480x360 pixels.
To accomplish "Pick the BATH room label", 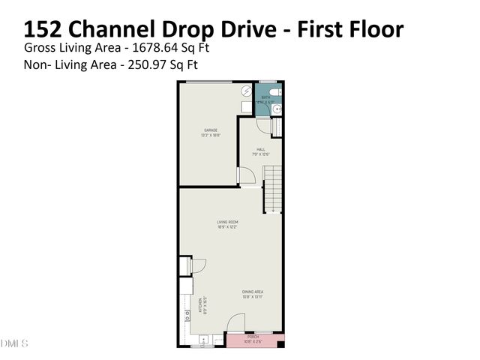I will tap(265, 97).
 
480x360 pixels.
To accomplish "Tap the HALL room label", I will tap(261, 149).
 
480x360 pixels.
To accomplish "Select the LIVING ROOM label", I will tap(228, 222).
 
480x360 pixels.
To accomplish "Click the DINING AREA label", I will tap(252, 292).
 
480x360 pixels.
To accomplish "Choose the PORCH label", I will tap(253, 337).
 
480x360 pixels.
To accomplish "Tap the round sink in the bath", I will tap(276, 109).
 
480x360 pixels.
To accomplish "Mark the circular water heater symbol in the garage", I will tap(246, 91).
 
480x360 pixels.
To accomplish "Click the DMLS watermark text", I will tap(14, 343).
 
